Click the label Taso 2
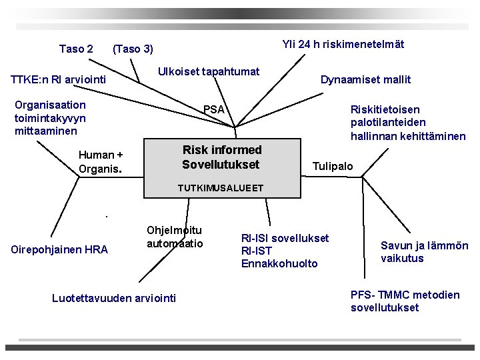coord(76,49)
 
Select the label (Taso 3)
coord(133,49)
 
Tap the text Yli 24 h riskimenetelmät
coord(343,45)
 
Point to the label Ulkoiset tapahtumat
coord(209,71)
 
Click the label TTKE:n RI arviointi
coord(59,80)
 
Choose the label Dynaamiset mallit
coord(365,79)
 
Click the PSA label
coord(214,109)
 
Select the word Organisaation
coord(50,105)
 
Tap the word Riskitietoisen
coord(385,109)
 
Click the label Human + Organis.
coord(101,162)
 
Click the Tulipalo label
coord(333,166)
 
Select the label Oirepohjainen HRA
coord(60,250)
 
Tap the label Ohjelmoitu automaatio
coord(175,237)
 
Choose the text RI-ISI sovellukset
coord(285,238)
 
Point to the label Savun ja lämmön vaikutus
coord(424,252)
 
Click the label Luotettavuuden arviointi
coord(114,298)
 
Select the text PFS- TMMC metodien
coord(405,295)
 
